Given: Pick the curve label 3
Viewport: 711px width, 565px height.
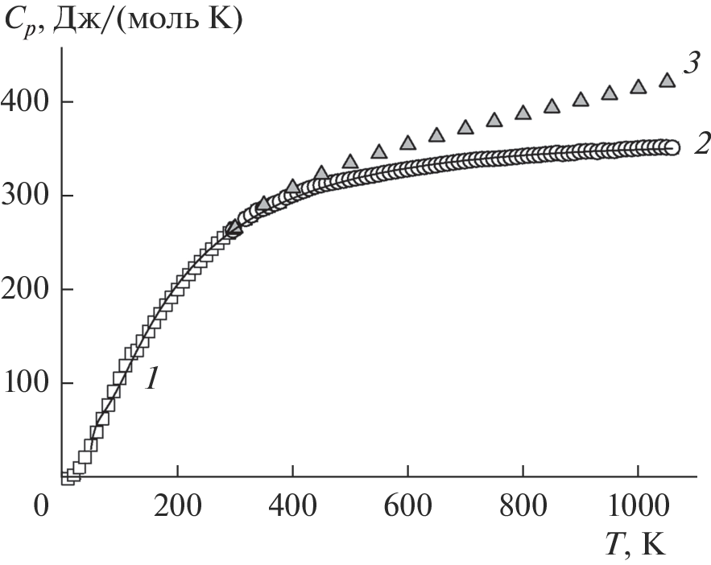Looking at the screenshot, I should pos(691,64).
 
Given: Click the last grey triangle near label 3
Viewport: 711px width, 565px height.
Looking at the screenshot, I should pos(667,80).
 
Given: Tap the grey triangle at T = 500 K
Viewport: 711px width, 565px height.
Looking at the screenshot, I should pos(350,161).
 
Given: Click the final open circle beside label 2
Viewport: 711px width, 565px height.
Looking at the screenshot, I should pos(672,147).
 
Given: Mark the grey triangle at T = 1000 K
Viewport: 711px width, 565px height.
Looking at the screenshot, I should pos(638,86).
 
